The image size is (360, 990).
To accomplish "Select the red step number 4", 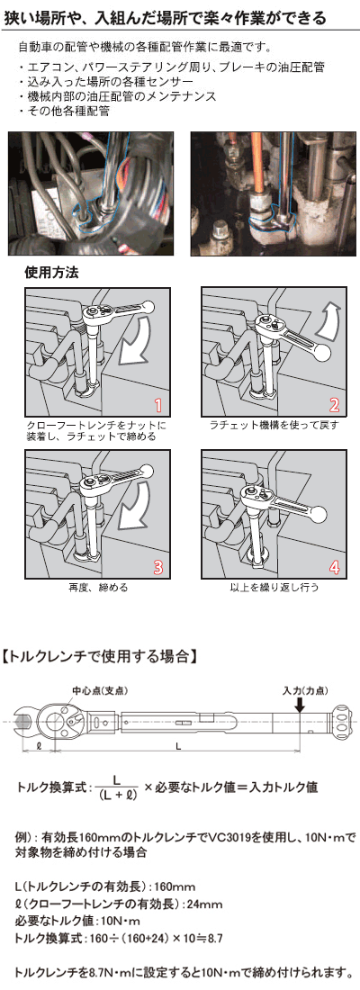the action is click(x=335, y=566).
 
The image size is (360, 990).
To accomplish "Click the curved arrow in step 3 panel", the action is click(x=139, y=505).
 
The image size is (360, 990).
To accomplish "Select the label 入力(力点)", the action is click(x=306, y=690).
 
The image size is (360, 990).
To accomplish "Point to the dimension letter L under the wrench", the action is click(x=179, y=746).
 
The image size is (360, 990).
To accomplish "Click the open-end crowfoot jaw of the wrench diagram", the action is click(x=28, y=721).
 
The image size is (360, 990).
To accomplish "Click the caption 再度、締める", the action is click(x=97, y=587).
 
